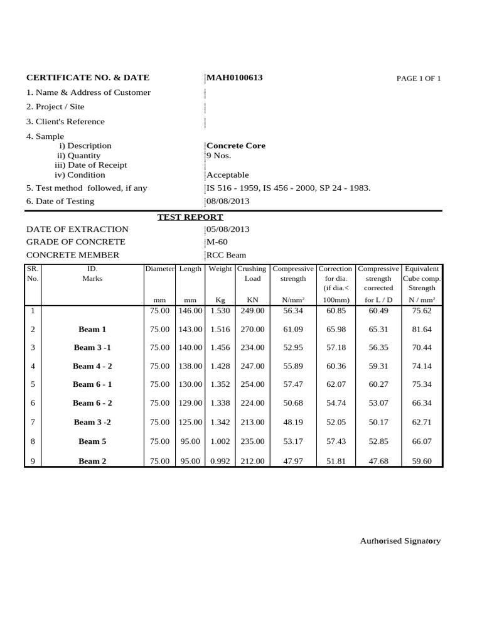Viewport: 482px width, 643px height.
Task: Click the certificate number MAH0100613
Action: (235, 78)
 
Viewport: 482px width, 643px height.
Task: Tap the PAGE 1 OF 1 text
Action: (419, 78)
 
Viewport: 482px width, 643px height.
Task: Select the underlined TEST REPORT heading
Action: (190, 217)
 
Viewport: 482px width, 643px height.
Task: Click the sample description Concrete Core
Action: (236, 146)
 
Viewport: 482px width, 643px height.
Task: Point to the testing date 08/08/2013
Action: (228, 202)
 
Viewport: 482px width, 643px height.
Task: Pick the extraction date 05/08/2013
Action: (228, 229)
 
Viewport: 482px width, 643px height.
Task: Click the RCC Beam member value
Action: (227, 256)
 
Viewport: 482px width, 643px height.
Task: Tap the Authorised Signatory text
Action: (400, 541)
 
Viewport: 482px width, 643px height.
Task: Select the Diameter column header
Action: (160, 269)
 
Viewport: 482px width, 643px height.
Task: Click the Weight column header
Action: (220, 269)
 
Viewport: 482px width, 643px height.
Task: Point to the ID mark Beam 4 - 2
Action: (92, 366)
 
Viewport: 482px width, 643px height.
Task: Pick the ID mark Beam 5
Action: (92, 441)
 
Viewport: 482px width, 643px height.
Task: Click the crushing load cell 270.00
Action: (252, 329)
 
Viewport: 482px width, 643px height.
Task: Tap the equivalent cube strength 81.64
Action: (422, 329)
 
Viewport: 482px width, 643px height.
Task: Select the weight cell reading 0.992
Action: (220, 461)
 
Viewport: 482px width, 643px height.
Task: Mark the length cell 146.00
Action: (190, 311)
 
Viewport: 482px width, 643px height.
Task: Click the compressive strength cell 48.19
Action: (293, 422)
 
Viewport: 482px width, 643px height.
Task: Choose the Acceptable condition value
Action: (228, 175)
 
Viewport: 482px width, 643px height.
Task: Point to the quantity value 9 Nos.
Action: (218, 156)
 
